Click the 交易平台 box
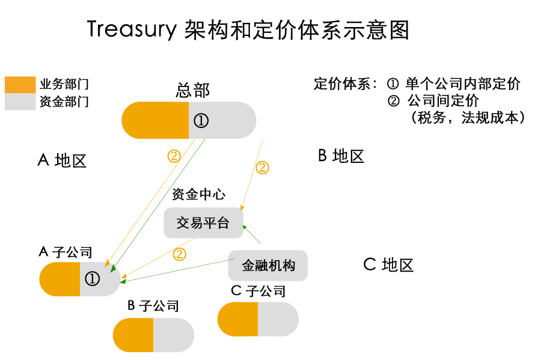point(203,223)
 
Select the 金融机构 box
point(268,265)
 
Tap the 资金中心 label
point(198,195)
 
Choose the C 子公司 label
point(258,291)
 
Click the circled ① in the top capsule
point(201,121)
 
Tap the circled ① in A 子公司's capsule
point(92,279)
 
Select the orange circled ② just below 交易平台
point(179,254)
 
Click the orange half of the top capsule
point(155,120)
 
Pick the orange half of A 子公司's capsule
point(60,279)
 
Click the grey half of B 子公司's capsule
point(173,335)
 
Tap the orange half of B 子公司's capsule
point(133,335)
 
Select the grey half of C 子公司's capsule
point(278,319)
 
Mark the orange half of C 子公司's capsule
point(237,319)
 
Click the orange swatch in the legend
point(20,85)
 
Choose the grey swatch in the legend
point(20,102)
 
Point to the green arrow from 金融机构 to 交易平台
point(252,234)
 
